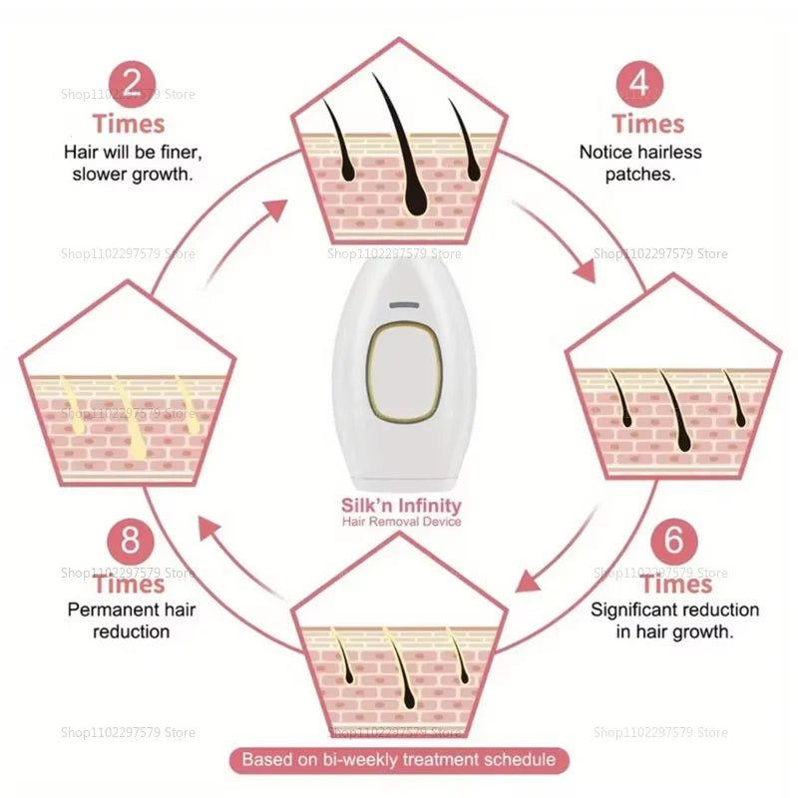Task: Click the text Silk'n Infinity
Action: coord(400,506)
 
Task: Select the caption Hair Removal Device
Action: coord(400,521)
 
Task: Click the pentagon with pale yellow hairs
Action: coord(128,389)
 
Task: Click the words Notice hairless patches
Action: coord(640,162)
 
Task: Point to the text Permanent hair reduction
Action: coord(119,619)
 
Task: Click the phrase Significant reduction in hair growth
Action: coord(674,619)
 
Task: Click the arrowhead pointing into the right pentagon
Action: coord(580,270)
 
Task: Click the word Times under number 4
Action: coord(647,125)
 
